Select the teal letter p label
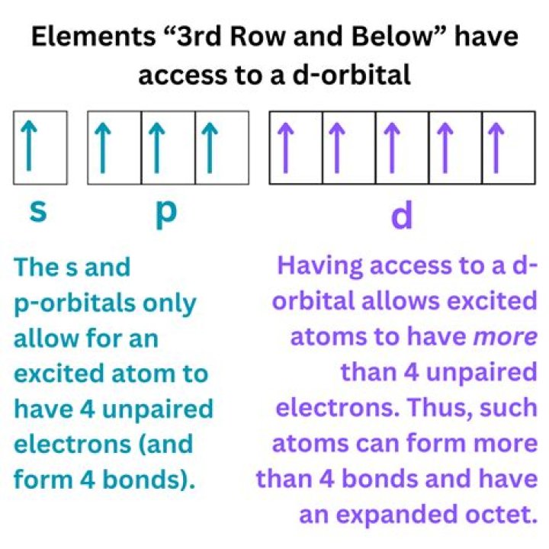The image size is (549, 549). (166, 214)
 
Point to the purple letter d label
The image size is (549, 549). (401, 214)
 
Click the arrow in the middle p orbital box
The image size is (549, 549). (156, 147)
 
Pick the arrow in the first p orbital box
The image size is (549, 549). (103, 147)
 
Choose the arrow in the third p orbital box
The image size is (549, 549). (210, 147)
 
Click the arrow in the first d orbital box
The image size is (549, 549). (285, 147)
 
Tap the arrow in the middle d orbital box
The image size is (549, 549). (391, 147)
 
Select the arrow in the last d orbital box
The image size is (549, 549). (496, 147)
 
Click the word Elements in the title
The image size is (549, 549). (93, 37)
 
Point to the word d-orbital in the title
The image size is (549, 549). (352, 75)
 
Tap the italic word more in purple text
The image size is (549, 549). (505, 336)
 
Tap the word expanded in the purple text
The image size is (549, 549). (397, 515)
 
